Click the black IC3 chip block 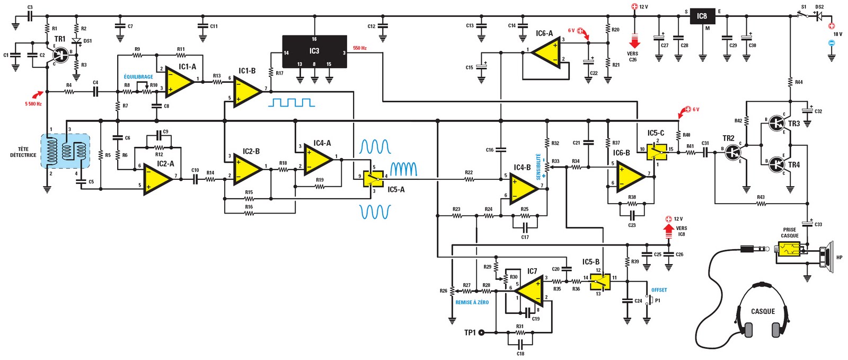[x=314, y=51]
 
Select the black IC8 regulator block [x=702, y=16]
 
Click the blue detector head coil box [x=65, y=151]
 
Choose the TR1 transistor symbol [x=61, y=54]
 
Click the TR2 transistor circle [x=733, y=153]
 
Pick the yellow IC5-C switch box [x=656, y=151]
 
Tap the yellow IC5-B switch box [x=598, y=281]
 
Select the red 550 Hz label [x=360, y=48]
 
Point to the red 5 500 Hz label [x=33, y=104]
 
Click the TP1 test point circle [x=481, y=332]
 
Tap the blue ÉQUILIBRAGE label [x=138, y=77]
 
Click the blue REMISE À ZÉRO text [x=472, y=302]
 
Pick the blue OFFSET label [x=659, y=290]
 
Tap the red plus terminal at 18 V [x=831, y=25]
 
